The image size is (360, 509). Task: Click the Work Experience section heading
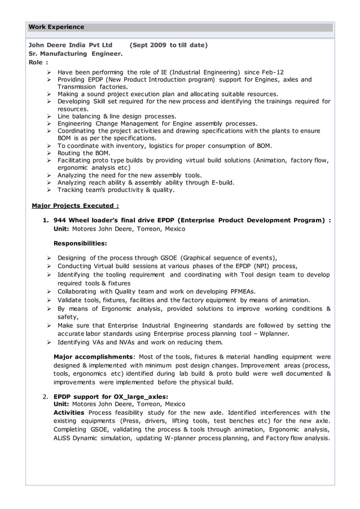pyautogui.click(x=56, y=27)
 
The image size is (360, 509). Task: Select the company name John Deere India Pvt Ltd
pyautogui.click(x=71, y=45)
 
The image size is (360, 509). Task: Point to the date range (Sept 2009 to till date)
pyautogui.click(x=168, y=45)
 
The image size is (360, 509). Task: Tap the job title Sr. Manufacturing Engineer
pyautogui.click(x=75, y=54)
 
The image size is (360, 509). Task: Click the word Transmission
pyautogui.click(x=77, y=87)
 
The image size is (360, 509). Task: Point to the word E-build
pyautogui.click(x=222, y=182)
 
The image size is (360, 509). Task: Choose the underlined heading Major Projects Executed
pyautogui.click(x=75, y=206)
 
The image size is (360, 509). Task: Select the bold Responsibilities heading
pyautogui.click(x=80, y=243)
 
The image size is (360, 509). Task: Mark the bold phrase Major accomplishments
pyautogui.click(x=93, y=357)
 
